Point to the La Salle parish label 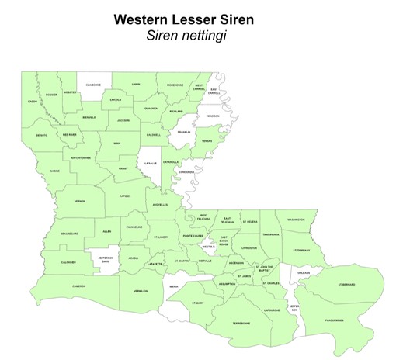151,164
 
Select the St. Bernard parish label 346,285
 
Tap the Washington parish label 296,220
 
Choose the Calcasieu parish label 68,262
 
